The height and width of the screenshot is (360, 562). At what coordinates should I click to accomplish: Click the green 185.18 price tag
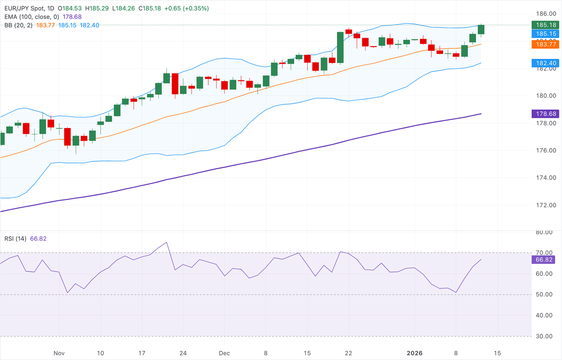tap(546, 25)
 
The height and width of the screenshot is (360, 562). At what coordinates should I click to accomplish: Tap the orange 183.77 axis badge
tap(546, 44)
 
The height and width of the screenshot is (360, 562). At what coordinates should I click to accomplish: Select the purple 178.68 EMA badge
tap(546, 114)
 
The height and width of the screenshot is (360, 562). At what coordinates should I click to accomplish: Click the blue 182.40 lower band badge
tap(546, 63)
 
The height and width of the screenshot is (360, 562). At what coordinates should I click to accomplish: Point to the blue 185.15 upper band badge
tap(546, 34)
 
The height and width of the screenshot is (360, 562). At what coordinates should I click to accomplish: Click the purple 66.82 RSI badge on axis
tap(544, 259)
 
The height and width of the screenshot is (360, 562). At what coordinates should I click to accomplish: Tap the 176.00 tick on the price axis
tap(546, 150)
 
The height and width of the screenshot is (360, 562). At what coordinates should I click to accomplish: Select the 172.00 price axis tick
tap(546, 205)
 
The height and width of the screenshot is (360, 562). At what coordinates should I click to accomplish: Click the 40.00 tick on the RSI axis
tap(544, 315)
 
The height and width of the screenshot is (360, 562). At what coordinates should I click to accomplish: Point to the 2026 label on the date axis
tap(415, 353)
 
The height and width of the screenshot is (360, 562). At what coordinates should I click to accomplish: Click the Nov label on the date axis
tap(59, 353)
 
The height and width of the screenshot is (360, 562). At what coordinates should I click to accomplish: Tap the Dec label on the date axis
tap(224, 353)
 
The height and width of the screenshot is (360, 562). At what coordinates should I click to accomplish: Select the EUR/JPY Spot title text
tap(25, 8)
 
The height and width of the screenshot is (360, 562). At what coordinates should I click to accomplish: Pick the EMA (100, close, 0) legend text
tap(32, 17)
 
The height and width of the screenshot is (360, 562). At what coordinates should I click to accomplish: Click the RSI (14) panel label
tap(15, 239)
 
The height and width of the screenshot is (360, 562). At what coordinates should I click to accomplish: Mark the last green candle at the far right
tap(481, 29)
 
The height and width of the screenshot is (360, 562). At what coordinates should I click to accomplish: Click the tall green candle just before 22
tap(340, 48)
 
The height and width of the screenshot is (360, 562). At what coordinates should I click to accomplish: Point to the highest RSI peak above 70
tap(167, 242)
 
